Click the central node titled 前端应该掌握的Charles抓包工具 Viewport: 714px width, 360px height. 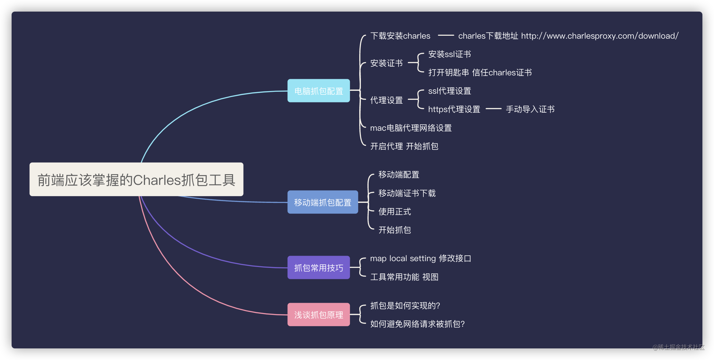pyautogui.click(x=136, y=180)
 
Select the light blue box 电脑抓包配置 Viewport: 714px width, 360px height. pyautogui.click(x=319, y=91)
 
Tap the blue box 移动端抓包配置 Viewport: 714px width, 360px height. pyautogui.click(x=323, y=202)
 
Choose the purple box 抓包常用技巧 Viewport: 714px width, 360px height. pyautogui.click(x=319, y=268)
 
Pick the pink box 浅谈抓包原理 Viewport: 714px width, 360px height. pyautogui.click(x=319, y=315)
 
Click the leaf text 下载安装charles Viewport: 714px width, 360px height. pyautogui.click(x=400, y=36)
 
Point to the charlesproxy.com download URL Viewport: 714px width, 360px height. pyautogui.click(x=600, y=36)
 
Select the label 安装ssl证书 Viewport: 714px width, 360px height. pyautogui.click(x=449, y=54)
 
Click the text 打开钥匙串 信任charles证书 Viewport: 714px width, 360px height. pyautogui.click(x=480, y=72)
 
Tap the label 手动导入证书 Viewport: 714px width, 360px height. pyautogui.click(x=530, y=109)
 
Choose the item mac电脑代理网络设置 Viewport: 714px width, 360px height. pyautogui.click(x=411, y=128)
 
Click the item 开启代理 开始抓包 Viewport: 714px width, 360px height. pyautogui.click(x=404, y=146)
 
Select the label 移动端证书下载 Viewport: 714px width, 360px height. pyautogui.click(x=407, y=193)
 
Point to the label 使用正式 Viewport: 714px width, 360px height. pyautogui.click(x=395, y=212)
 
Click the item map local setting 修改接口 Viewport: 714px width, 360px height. pyautogui.click(x=420, y=258)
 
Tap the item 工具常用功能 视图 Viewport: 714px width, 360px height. pyautogui.click(x=404, y=277)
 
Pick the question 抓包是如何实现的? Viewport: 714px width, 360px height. pyautogui.click(x=405, y=306)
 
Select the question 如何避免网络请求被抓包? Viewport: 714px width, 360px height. pyautogui.click(x=417, y=324)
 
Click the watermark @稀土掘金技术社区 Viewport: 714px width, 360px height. pyautogui.click(x=678, y=347)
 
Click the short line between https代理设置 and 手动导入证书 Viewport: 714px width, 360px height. pyautogui.click(x=493, y=109)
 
